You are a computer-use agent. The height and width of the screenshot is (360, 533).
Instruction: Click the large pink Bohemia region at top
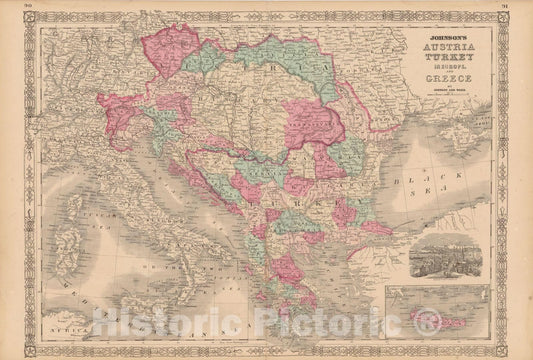[181, 55]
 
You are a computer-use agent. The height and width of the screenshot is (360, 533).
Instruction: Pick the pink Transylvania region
[310, 125]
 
